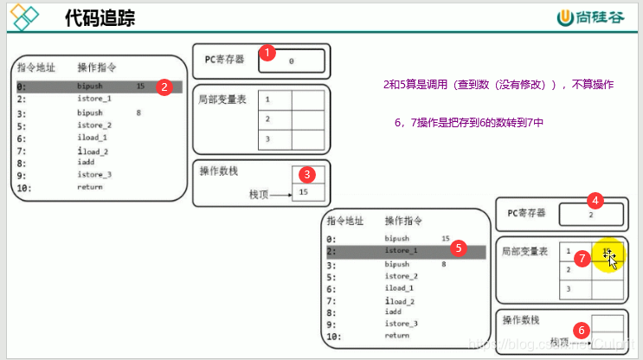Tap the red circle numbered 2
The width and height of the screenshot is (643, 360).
click(x=164, y=87)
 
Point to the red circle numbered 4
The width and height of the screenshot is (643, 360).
click(x=594, y=201)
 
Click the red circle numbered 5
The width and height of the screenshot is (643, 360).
click(x=459, y=247)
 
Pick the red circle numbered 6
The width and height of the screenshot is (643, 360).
click(x=582, y=329)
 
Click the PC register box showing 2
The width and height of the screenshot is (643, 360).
click(x=591, y=213)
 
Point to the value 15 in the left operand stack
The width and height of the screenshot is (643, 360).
click(x=303, y=191)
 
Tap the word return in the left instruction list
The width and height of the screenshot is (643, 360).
click(x=89, y=187)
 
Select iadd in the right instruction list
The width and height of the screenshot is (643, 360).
click(x=395, y=312)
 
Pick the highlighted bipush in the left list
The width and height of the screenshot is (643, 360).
click(x=90, y=87)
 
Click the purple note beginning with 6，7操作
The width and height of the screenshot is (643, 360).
click(x=468, y=123)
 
